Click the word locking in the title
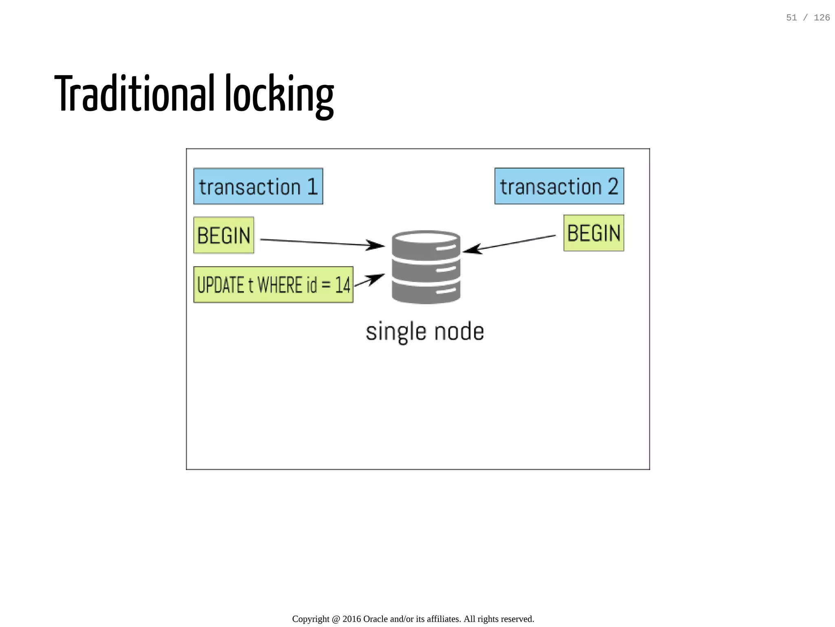click(279, 95)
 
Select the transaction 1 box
click(258, 186)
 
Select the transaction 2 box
click(559, 186)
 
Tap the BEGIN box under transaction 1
click(223, 235)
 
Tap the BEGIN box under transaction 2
click(594, 233)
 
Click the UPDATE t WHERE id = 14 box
click(273, 285)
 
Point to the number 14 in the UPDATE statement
click(342, 285)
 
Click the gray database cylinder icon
click(426, 267)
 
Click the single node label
click(425, 331)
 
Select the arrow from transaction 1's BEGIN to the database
click(322, 243)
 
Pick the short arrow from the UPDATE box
click(369, 280)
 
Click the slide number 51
click(791, 18)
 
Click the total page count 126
click(822, 18)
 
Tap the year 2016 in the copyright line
click(351, 619)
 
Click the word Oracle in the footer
click(375, 619)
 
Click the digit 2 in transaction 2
click(613, 186)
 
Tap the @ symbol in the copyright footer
click(336, 619)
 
